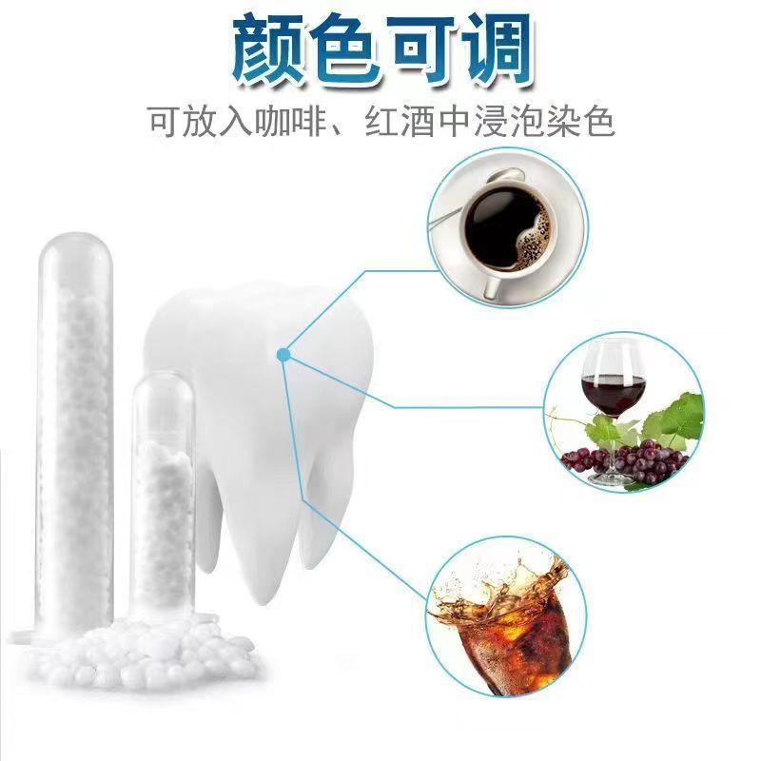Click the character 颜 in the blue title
(x=269, y=49)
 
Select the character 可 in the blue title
(x=420, y=49)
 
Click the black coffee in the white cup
(x=507, y=228)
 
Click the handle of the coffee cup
(x=492, y=286)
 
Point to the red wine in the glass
(x=614, y=393)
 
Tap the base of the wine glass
(x=611, y=478)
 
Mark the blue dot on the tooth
(x=283, y=355)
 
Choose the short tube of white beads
(x=162, y=495)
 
